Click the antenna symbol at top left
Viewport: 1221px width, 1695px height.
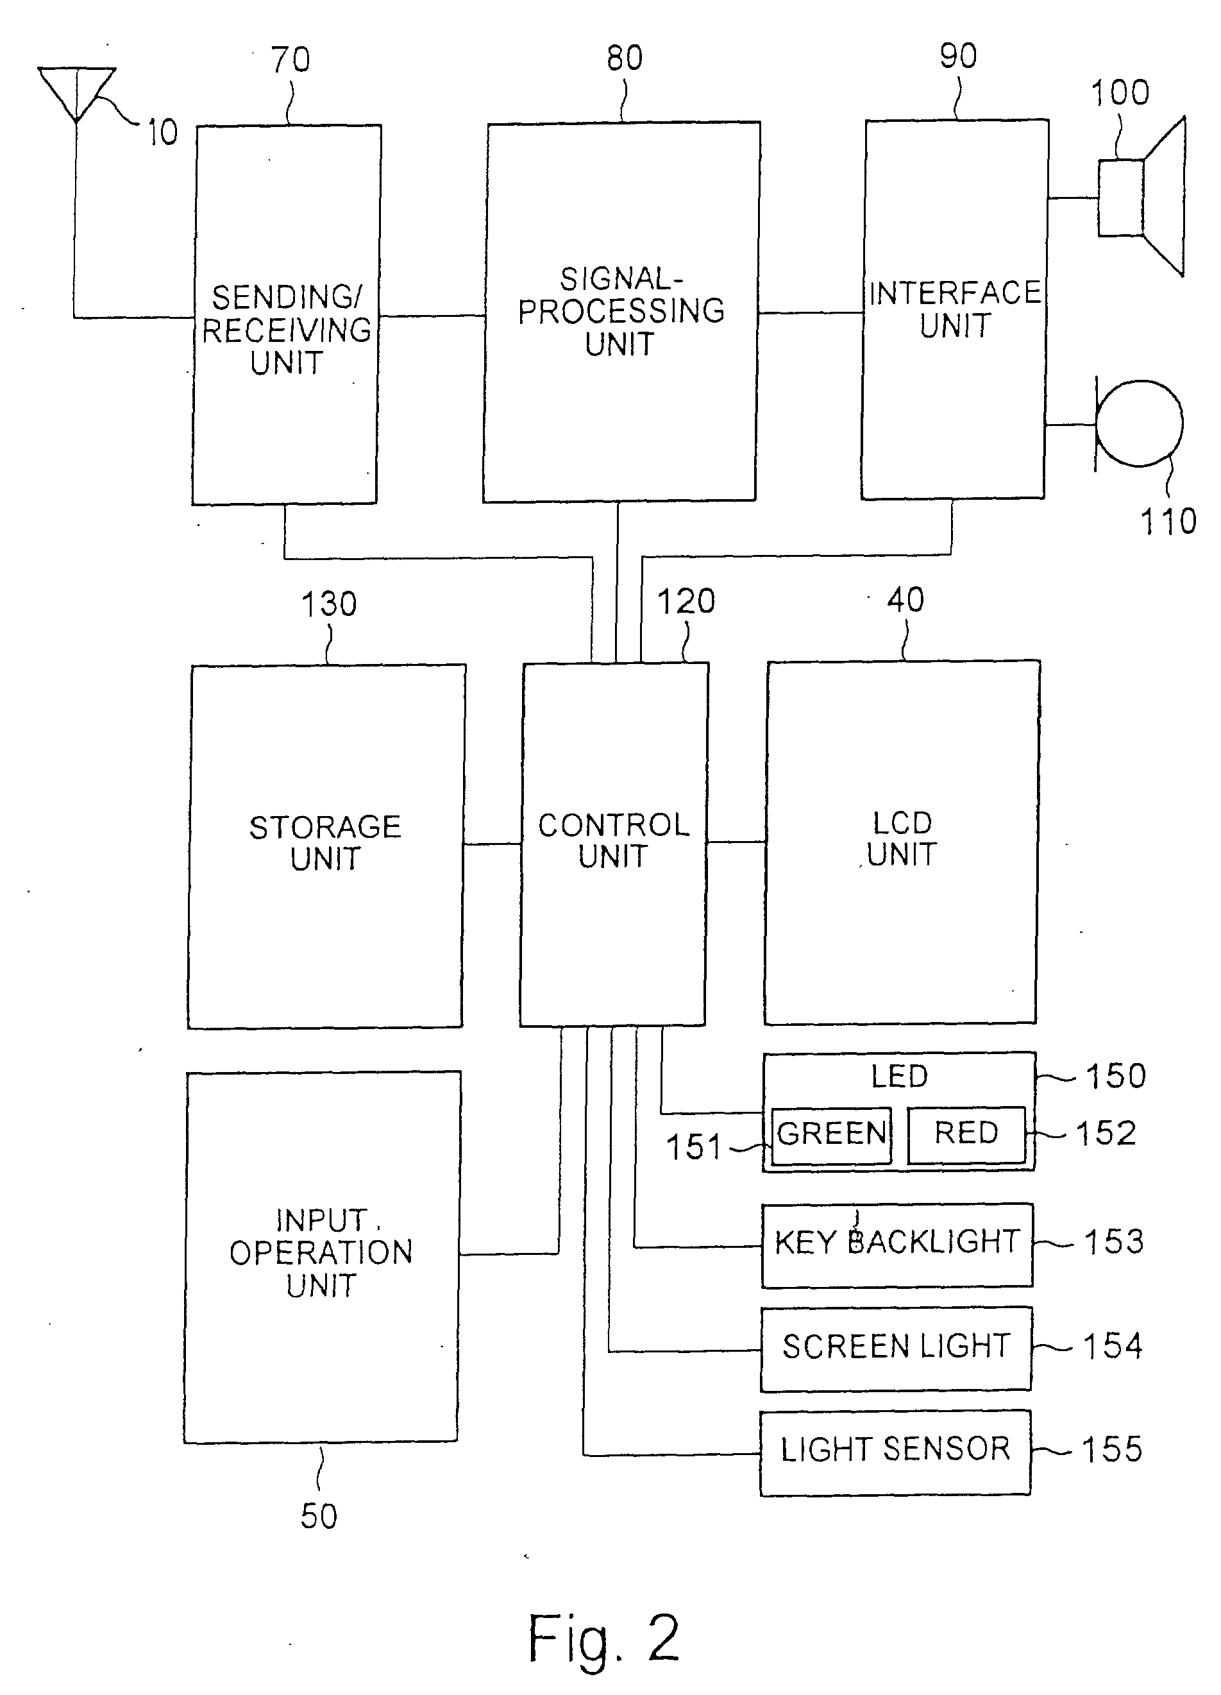pyautogui.click(x=76, y=94)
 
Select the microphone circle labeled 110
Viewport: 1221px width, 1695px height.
pyautogui.click(x=1139, y=423)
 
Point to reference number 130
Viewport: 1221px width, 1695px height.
pyautogui.click(x=329, y=604)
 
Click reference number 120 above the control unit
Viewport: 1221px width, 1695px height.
pyautogui.click(x=686, y=602)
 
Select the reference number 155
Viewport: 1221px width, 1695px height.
pyautogui.click(x=1112, y=1450)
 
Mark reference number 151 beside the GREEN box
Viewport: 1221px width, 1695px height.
pyautogui.click(x=693, y=1147)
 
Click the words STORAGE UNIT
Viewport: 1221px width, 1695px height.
pyautogui.click(x=325, y=842)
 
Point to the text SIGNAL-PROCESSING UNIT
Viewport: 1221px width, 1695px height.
pyautogui.click(x=621, y=312)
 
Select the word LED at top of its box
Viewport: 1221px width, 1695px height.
pyautogui.click(x=899, y=1076)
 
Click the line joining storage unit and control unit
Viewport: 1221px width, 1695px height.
pyautogui.click(x=493, y=844)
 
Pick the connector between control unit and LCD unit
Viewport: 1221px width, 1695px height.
pyautogui.click(x=736, y=842)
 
